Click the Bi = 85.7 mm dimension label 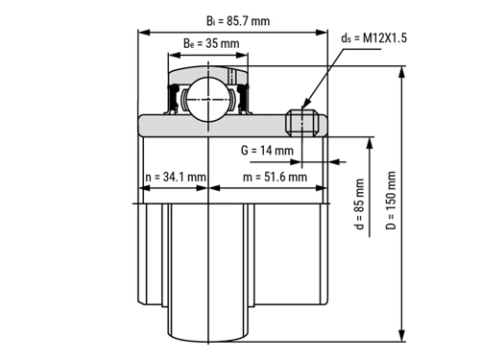click(238, 21)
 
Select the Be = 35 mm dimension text click(211, 43)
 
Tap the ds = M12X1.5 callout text click(373, 38)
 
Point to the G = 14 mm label click(267, 150)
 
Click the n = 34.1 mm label click(176, 177)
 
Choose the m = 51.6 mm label click(275, 177)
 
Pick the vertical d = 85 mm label click(360, 204)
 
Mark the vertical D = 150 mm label click(391, 201)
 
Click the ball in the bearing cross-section click(208, 100)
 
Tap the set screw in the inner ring click(301, 122)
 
